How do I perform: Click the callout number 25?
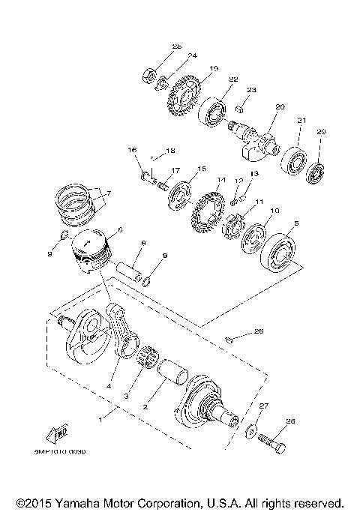177,46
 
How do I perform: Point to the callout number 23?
251,89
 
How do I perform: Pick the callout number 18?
170,150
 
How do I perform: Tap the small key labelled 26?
228,341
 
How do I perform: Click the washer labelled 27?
249,431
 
